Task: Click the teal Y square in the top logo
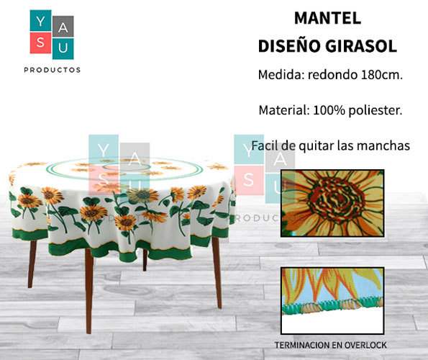click(40, 21)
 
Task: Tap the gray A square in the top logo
click(63, 27)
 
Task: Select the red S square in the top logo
click(40, 43)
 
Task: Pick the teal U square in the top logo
click(63, 49)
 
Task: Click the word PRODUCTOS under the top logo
click(52, 70)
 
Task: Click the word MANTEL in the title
click(327, 18)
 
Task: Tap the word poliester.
click(375, 110)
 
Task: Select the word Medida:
click(281, 75)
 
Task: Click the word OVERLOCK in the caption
click(365, 346)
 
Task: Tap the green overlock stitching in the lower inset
click(333, 307)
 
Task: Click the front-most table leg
click(88, 291)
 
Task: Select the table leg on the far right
click(217, 273)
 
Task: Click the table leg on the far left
click(32, 264)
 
